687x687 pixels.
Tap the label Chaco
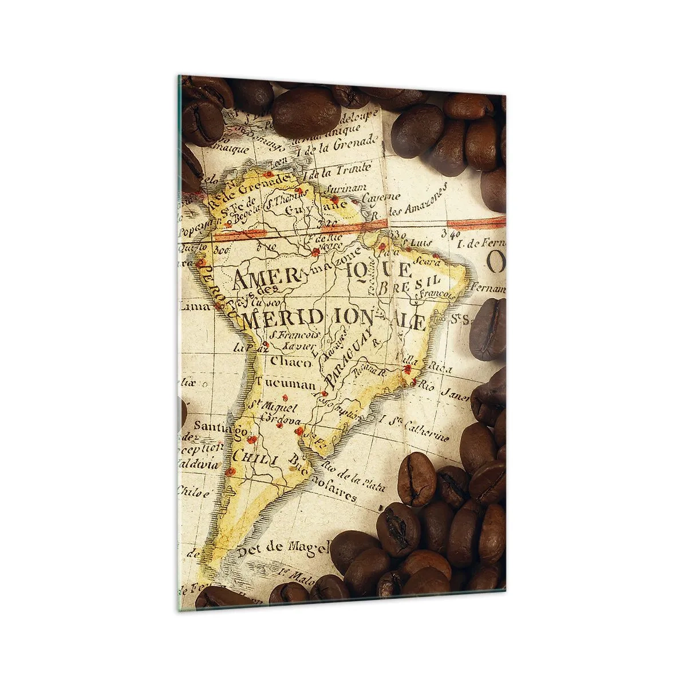pos(291,361)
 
